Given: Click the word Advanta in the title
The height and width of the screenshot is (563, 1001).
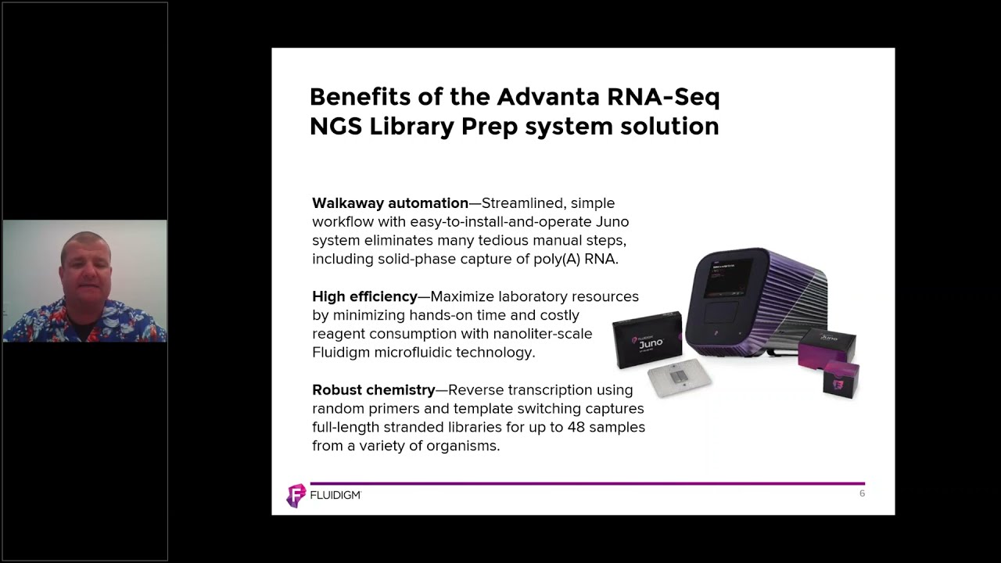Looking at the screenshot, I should (x=547, y=97).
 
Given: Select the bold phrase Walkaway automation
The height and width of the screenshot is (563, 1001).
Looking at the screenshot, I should (x=389, y=203).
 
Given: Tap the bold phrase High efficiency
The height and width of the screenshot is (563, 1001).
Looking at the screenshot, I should (x=364, y=297).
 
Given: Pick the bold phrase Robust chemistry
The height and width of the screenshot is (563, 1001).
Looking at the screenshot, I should (x=373, y=390).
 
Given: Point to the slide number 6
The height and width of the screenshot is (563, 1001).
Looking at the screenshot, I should (x=862, y=493).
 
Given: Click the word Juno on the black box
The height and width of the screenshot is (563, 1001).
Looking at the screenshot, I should (x=651, y=342).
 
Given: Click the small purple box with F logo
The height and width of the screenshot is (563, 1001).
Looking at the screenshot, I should (x=841, y=380).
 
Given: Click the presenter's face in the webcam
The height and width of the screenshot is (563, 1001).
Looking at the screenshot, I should (x=85, y=266).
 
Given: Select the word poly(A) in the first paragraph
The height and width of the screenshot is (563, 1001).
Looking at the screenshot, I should (x=559, y=260).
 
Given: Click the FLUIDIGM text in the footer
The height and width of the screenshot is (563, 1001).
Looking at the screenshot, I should (x=335, y=496).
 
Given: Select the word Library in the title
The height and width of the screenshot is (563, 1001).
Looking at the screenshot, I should (x=411, y=126).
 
